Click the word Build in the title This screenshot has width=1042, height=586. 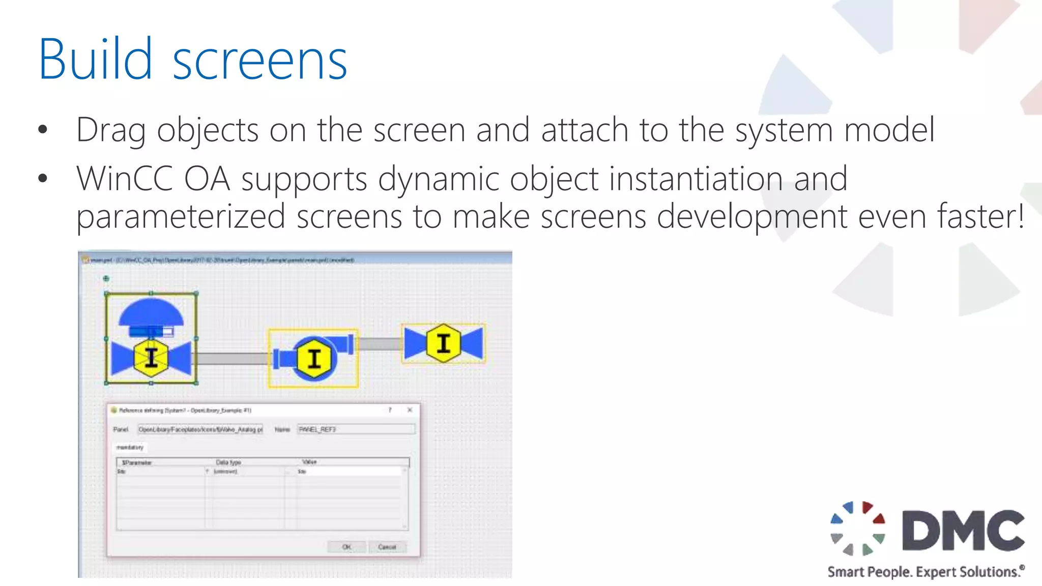coord(95,60)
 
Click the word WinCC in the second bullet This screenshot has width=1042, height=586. coord(124,179)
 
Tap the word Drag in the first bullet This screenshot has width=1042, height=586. coord(110,130)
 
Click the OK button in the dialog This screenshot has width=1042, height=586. coord(346,547)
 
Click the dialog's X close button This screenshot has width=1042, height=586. coord(410,410)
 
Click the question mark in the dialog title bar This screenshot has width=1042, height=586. coord(390,410)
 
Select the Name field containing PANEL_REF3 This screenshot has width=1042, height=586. coord(356,429)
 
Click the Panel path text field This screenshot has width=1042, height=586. coord(200,429)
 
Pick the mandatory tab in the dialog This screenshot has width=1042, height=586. coord(130,447)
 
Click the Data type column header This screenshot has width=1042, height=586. coord(228,462)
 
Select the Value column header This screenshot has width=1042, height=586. coord(309,462)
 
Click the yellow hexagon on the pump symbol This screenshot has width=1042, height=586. coord(314,359)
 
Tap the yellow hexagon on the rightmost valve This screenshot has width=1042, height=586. coord(444,343)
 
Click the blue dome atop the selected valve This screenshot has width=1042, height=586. coord(151,312)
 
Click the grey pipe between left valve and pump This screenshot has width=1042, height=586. coord(232,359)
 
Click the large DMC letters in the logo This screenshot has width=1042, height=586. coord(963,530)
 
